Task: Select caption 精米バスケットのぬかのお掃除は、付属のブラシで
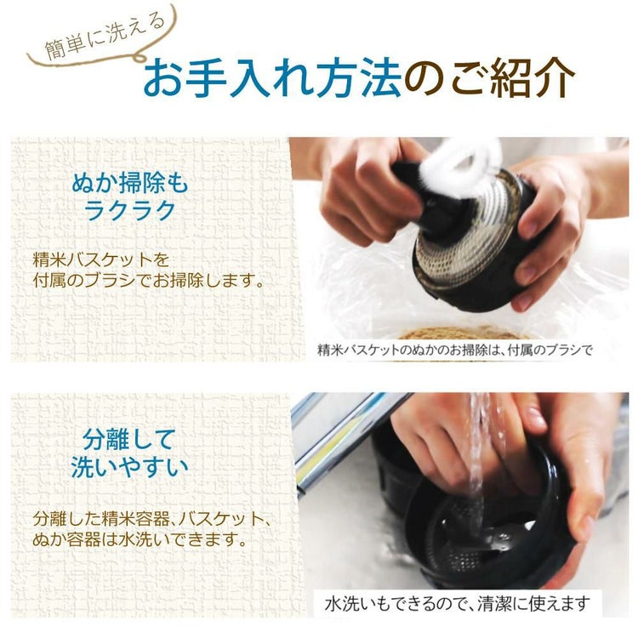(x=454, y=349)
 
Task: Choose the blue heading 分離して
(x=128, y=440)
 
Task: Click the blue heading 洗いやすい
(x=128, y=469)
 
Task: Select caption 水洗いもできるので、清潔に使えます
(x=457, y=604)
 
